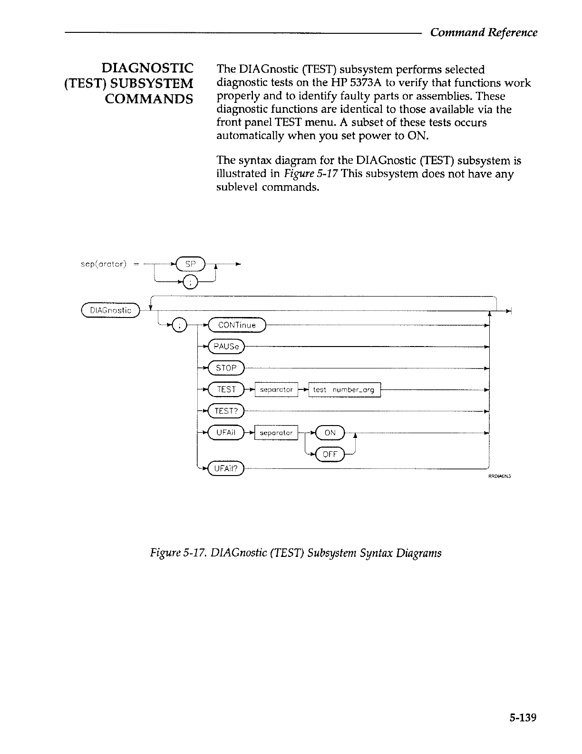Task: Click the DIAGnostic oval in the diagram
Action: tap(110, 310)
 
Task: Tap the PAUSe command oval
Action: tap(226, 347)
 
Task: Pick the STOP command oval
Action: tap(226, 368)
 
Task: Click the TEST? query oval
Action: tap(226, 411)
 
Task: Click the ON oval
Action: tap(330, 432)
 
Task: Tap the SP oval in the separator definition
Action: tap(190, 263)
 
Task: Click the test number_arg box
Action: tap(345, 390)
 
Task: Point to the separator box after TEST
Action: tap(276, 390)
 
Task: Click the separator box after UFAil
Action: tap(276, 433)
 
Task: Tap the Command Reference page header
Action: tap(484, 32)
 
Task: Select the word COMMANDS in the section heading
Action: tap(149, 99)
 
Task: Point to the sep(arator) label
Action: tap(103, 263)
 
